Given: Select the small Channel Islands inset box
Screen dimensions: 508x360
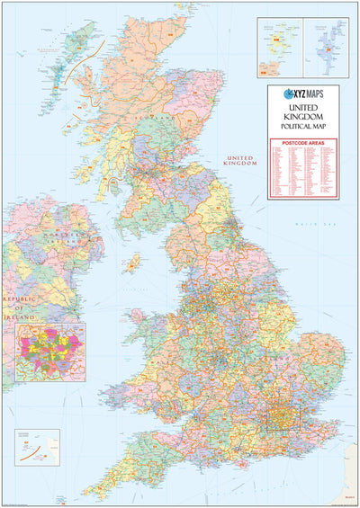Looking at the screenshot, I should click(37, 446).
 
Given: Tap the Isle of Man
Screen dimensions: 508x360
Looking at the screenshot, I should click(133, 263).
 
